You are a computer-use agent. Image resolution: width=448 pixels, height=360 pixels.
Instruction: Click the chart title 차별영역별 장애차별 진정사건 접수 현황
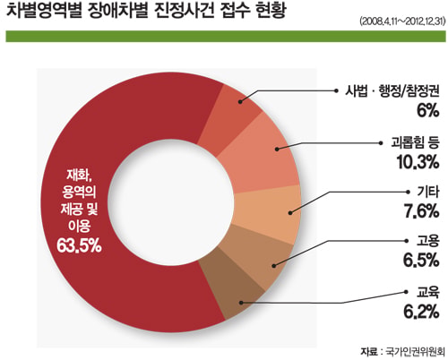point(146,11)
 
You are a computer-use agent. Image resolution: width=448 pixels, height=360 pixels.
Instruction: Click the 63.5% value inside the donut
point(79,246)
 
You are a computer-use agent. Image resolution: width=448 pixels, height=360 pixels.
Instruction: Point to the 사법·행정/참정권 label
point(392,90)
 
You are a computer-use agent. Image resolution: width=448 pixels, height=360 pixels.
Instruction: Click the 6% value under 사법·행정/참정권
point(427,111)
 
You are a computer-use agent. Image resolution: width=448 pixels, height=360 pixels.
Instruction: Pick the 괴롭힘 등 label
point(415,142)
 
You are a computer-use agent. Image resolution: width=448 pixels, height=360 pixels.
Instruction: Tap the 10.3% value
point(418,162)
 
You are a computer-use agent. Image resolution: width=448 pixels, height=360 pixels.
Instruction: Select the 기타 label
point(428,192)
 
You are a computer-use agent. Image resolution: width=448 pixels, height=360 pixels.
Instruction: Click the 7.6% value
point(421,211)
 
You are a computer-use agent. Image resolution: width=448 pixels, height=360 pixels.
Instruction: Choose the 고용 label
point(428,240)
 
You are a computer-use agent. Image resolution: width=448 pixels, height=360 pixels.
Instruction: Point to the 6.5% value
point(421,260)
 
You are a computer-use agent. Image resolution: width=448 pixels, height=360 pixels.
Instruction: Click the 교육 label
point(428,292)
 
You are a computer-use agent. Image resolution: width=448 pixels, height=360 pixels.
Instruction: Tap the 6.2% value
point(421,312)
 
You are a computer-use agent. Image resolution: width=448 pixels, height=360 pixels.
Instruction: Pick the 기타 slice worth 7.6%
point(269,213)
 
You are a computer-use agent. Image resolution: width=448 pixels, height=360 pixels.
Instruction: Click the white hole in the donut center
point(170,201)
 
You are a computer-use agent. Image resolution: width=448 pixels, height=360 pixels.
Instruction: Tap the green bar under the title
point(226,36)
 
